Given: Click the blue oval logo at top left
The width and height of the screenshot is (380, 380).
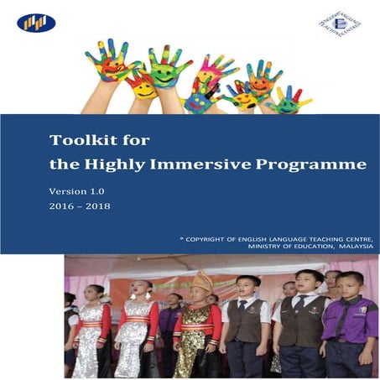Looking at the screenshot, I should pyautogui.click(x=35, y=23).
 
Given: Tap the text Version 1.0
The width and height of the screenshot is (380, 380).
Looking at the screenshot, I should pyautogui.click(x=77, y=190).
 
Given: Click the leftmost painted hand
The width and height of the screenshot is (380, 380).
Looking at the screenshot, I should pyautogui.click(x=106, y=60).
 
